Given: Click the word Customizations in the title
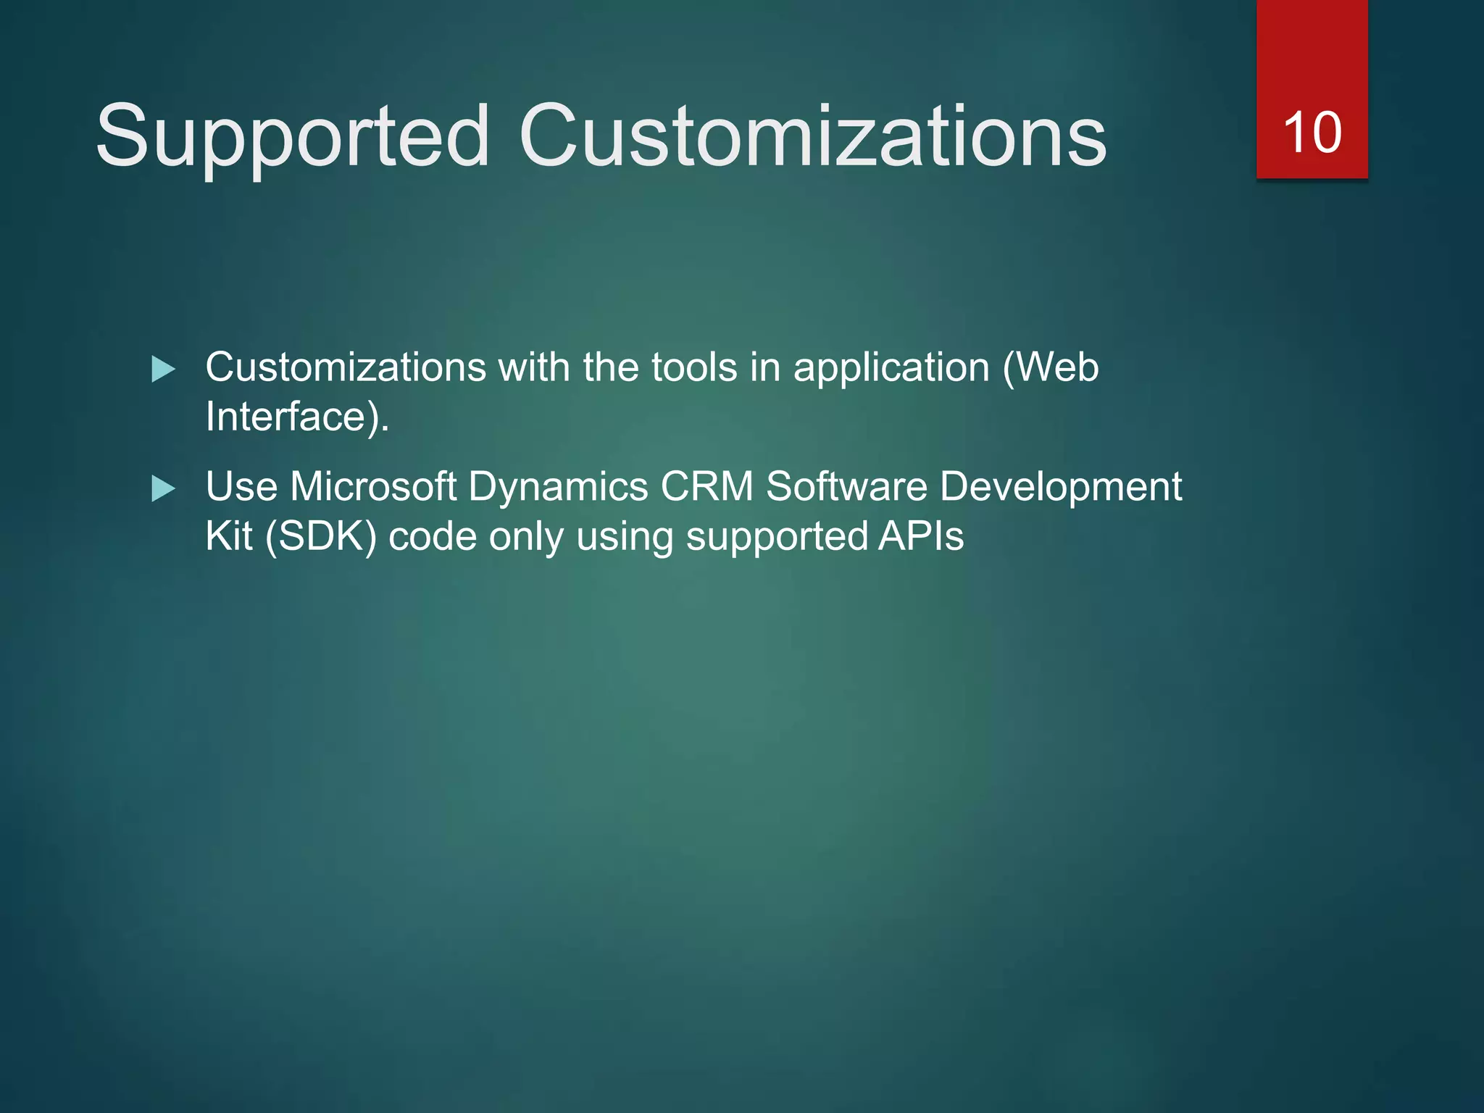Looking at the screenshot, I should click(812, 136).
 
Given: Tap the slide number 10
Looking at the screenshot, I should click(1312, 133).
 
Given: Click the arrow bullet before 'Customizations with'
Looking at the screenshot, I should click(163, 370).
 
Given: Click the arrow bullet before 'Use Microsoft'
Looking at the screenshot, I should click(163, 489).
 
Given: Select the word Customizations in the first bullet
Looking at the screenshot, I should click(346, 367).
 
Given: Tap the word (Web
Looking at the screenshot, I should click(1051, 367).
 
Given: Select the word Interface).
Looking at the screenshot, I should click(297, 417).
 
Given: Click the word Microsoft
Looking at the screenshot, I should click(373, 486).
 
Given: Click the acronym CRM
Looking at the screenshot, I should click(706, 486).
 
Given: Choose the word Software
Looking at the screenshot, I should click(846, 486).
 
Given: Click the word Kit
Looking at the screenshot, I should click(228, 537).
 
